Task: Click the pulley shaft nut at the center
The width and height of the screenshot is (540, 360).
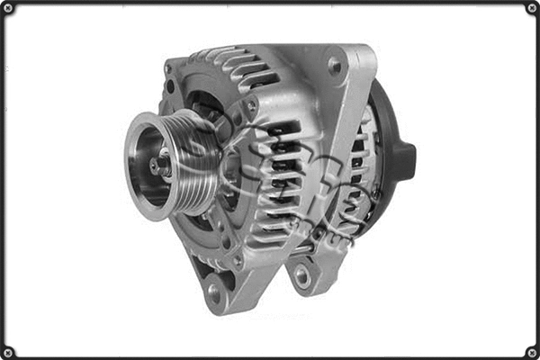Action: (160, 165)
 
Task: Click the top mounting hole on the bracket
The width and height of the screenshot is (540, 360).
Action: (335, 65)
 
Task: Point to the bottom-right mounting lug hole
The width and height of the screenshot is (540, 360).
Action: (303, 276)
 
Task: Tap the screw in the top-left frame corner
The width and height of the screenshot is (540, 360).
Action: (8, 8)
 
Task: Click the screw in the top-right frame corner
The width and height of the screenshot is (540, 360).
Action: (531, 8)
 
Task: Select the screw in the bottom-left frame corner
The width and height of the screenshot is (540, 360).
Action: (8, 351)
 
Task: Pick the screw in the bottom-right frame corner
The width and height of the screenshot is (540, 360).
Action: (531, 351)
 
